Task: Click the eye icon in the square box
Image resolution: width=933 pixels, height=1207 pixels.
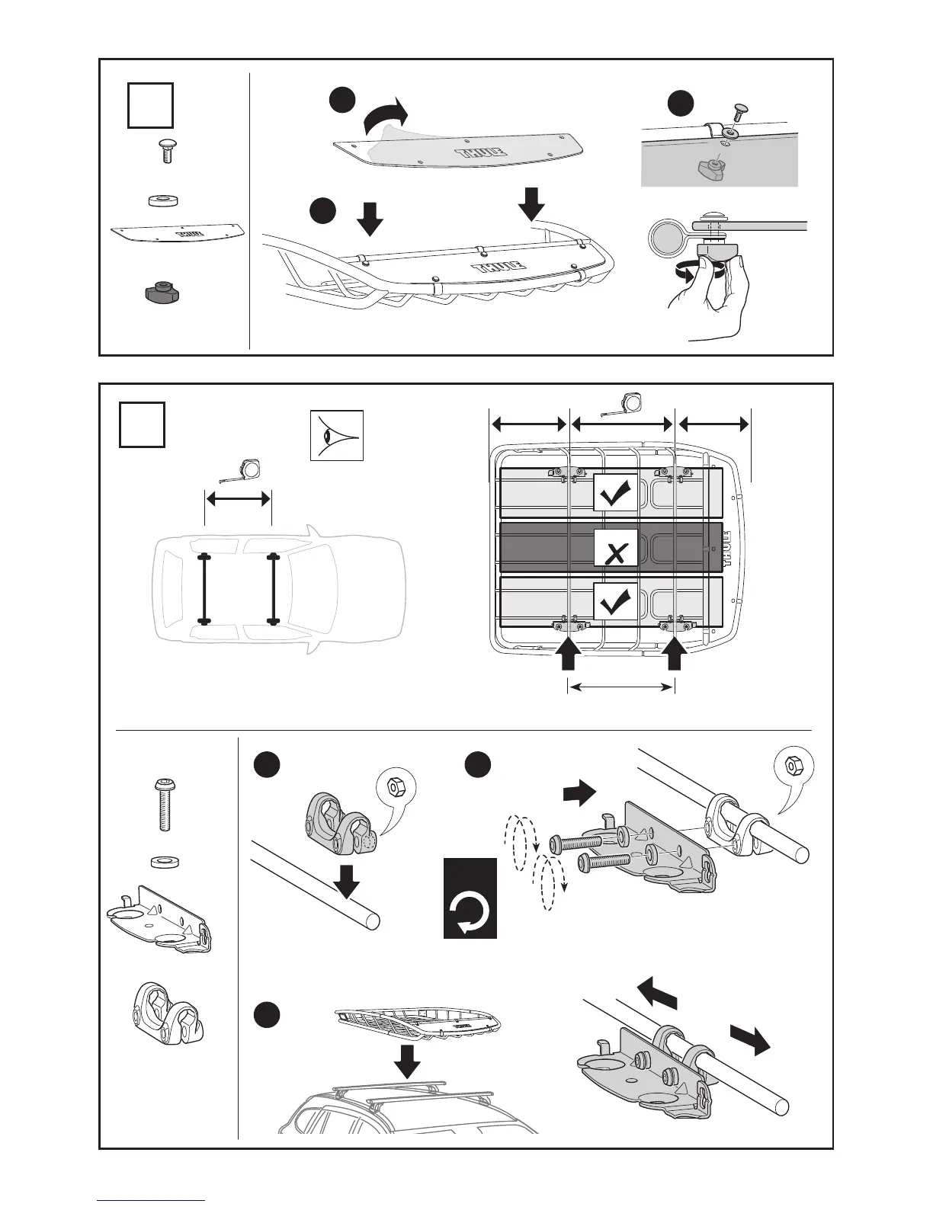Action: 336,435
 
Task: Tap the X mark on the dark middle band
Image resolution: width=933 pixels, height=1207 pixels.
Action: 616,547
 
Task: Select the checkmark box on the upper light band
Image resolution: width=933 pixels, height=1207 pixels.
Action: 616,491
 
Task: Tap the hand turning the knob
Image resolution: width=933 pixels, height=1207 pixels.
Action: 713,293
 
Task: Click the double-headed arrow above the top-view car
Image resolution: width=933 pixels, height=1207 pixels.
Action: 238,499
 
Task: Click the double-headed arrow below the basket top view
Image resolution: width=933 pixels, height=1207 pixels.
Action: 621,687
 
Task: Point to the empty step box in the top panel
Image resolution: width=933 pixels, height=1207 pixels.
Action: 149,105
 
